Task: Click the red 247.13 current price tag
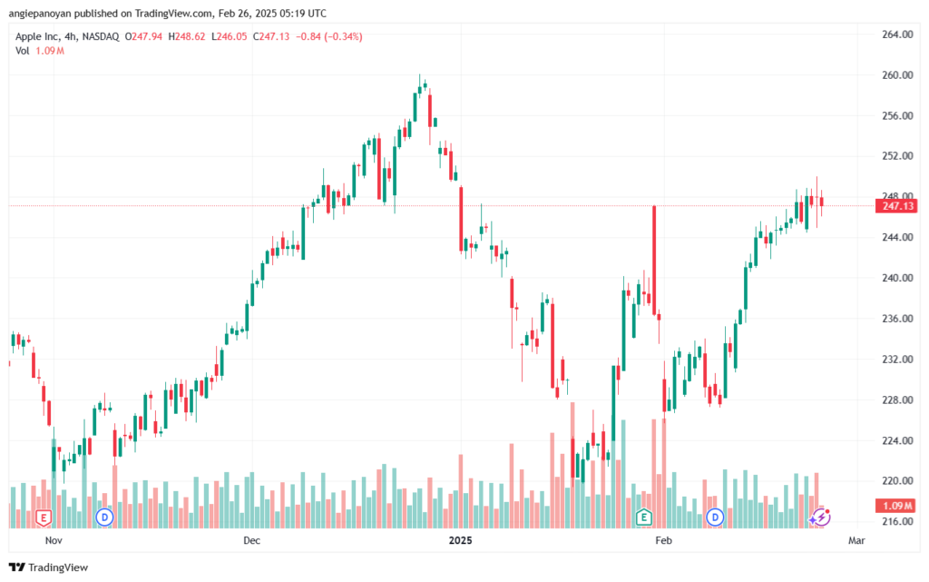click(x=895, y=207)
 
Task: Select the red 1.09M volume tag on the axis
click(x=895, y=505)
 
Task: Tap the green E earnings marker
click(x=644, y=518)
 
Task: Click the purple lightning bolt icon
click(x=820, y=517)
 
